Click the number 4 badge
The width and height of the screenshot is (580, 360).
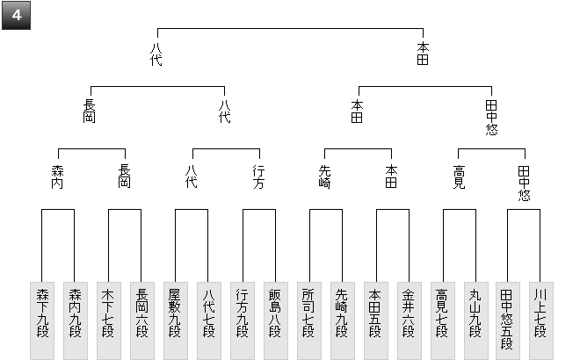point(17,16)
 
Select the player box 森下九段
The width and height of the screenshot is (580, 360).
point(42,320)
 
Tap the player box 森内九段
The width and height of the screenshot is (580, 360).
point(76,320)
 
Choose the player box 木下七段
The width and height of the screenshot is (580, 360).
point(109,320)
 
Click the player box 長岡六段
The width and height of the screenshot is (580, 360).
point(142,320)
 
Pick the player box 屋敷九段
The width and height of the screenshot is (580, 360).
point(176,320)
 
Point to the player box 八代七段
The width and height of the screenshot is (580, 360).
point(209,320)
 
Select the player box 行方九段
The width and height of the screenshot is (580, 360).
point(243,320)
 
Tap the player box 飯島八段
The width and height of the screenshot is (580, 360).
point(276,320)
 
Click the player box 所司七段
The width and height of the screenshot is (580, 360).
point(309,320)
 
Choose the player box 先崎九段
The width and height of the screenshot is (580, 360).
point(343,320)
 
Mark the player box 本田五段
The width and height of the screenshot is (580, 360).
point(376,320)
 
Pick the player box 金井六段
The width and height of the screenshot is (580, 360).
point(410,320)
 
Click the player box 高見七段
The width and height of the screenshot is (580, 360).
point(443,320)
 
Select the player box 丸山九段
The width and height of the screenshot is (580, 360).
point(476,320)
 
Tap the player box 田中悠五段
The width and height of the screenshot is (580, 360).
point(508,320)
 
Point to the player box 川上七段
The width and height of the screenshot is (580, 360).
point(541,320)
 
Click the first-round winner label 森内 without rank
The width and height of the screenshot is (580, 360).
point(58,177)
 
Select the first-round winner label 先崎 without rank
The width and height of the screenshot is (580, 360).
point(324,177)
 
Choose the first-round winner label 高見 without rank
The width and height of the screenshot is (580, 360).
point(459,177)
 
